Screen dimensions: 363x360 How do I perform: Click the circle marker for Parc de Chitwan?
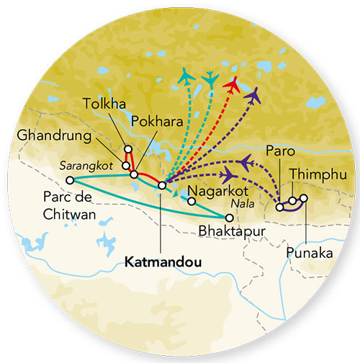[70, 180]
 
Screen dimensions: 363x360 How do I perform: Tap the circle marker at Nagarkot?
[191, 202]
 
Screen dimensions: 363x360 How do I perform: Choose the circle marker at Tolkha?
[128, 149]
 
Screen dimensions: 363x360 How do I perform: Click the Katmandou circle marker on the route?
[162, 185]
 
